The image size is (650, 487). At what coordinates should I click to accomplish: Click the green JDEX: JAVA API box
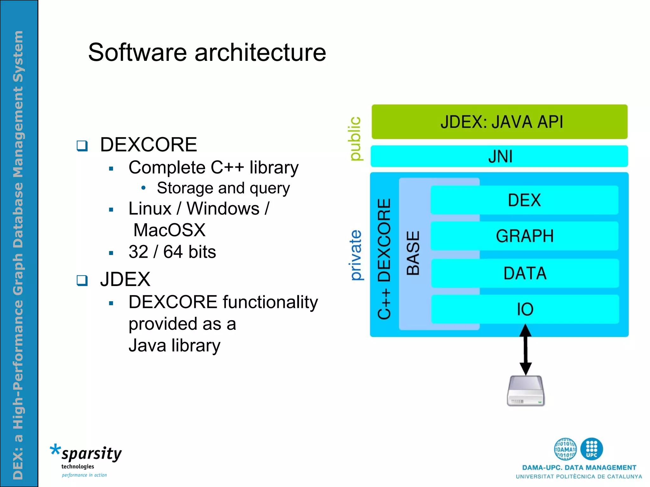click(x=499, y=122)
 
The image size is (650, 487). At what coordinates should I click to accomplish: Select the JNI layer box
click(x=499, y=156)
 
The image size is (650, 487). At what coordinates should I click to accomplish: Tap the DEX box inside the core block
click(x=524, y=200)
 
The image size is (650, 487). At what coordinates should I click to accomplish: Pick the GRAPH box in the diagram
click(x=524, y=236)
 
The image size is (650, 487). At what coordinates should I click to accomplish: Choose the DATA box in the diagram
click(x=525, y=273)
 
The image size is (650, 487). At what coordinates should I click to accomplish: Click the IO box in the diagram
click(x=525, y=309)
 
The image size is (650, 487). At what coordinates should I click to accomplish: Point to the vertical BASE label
click(x=413, y=253)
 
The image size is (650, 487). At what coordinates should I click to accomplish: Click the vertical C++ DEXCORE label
click(x=384, y=258)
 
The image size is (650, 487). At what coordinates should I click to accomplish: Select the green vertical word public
click(x=355, y=139)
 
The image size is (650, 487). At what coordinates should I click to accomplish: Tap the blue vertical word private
click(x=356, y=255)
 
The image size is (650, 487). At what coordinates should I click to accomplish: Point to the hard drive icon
click(x=526, y=391)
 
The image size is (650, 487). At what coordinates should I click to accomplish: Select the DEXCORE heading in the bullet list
click(x=149, y=145)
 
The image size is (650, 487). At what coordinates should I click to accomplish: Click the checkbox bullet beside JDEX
click(x=82, y=280)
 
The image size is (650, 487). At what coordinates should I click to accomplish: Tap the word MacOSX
click(x=169, y=230)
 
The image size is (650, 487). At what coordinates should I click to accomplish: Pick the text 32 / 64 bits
click(x=172, y=252)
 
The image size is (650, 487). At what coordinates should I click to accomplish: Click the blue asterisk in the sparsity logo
click(x=55, y=450)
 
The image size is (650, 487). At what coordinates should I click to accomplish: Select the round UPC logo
click(x=591, y=449)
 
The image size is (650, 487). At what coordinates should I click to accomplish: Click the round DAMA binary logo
click(x=565, y=449)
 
